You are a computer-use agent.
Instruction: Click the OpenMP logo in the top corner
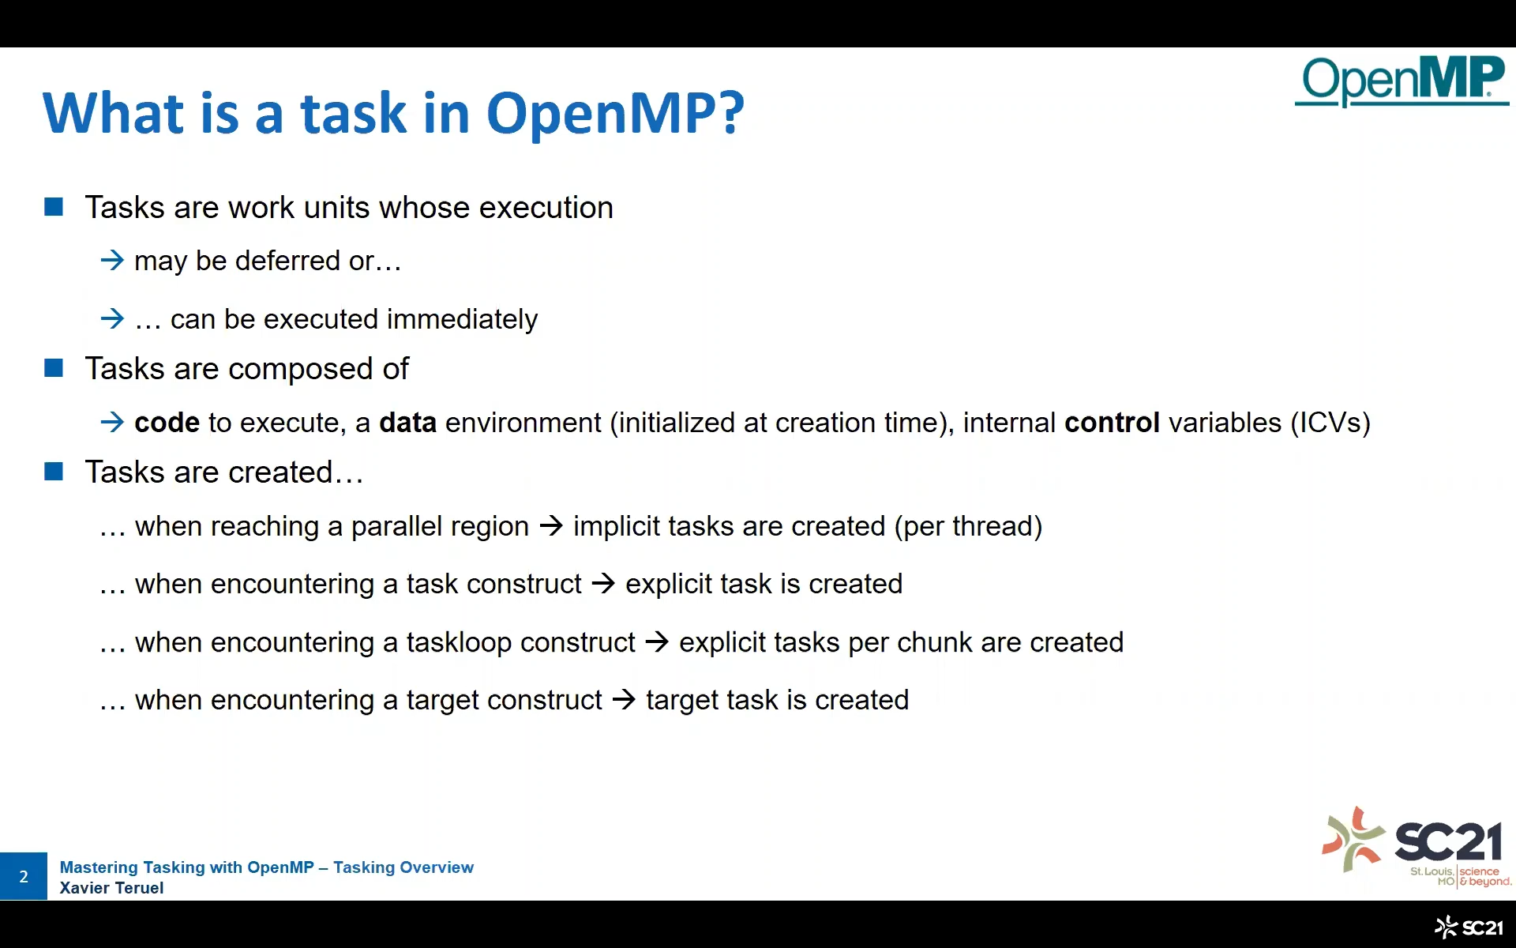(1402, 81)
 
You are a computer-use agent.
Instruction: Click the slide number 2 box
(24, 876)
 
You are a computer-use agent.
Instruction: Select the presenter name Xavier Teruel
(111, 888)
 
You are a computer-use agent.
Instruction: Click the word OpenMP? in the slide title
(615, 112)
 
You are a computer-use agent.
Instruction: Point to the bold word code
(167, 423)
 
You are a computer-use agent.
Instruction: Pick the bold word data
(407, 423)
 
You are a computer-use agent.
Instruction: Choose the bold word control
(1112, 423)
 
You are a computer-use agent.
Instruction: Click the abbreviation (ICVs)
(1330, 423)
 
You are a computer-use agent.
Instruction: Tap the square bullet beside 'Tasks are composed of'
(54, 368)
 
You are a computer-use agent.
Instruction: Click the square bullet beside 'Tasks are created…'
(54, 472)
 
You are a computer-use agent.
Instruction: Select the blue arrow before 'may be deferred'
(112, 260)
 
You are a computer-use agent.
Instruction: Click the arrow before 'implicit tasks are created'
(551, 526)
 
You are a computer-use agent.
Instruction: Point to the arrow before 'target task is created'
(624, 700)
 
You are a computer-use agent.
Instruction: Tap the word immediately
(463, 319)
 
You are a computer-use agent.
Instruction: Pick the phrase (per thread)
(968, 527)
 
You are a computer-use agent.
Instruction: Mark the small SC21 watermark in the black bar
(1469, 927)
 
